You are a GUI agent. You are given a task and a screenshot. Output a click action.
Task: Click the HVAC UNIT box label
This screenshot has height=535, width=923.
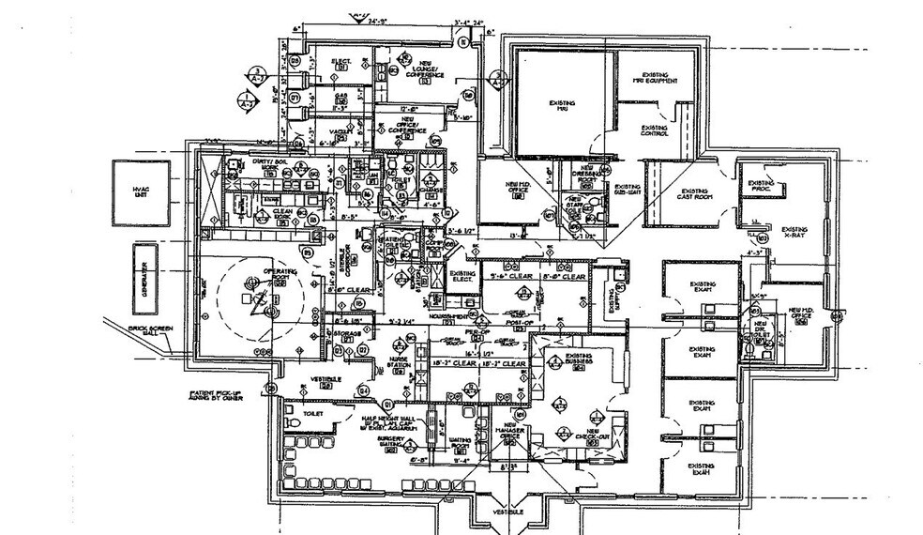click(141, 191)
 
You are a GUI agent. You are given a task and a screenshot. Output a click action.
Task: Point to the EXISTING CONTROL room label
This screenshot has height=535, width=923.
click(654, 130)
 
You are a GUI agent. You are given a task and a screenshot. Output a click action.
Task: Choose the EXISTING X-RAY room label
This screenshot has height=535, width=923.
click(794, 231)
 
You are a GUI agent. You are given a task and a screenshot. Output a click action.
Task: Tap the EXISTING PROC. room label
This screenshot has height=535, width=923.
click(761, 186)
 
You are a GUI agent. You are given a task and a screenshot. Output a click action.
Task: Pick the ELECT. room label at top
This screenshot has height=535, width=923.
click(341, 64)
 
